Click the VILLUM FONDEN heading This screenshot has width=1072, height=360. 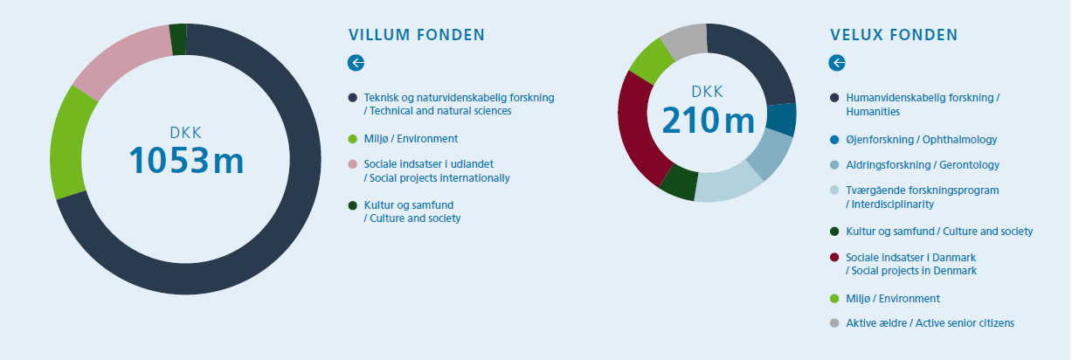pyautogui.click(x=417, y=35)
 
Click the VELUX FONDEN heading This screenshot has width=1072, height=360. pyautogui.click(x=894, y=35)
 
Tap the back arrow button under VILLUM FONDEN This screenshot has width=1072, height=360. pyautogui.click(x=356, y=63)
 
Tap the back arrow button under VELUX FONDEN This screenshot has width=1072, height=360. pyautogui.click(x=837, y=63)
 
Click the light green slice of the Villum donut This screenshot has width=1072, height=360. pyautogui.click(x=71, y=142)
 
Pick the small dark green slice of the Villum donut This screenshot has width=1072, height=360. pyautogui.click(x=178, y=39)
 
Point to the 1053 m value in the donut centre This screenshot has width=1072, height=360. pyautogui.click(x=186, y=161)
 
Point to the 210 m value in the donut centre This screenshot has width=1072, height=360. pyautogui.click(x=709, y=121)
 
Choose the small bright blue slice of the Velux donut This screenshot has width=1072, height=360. pyautogui.click(x=781, y=119)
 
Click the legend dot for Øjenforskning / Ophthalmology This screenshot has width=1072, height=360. pyautogui.click(x=834, y=140)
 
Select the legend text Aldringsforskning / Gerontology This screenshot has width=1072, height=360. pyautogui.click(x=923, y=165)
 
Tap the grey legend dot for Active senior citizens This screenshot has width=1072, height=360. pyautogui.click(x=834, y=323)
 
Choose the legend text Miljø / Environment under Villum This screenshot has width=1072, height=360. pyautogui.click(x=412, y=139)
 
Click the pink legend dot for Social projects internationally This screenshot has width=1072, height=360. pyautogui.click(x=353, y=164)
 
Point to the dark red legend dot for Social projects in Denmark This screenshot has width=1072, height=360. pyautogui.click(x=834, y=258)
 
